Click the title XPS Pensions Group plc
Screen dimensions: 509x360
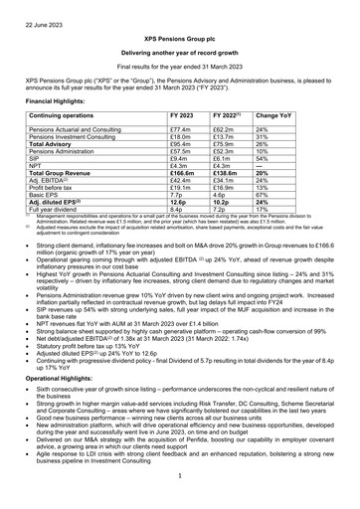click(180, 36)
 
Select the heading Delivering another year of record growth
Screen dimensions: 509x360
click(180, 51)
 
